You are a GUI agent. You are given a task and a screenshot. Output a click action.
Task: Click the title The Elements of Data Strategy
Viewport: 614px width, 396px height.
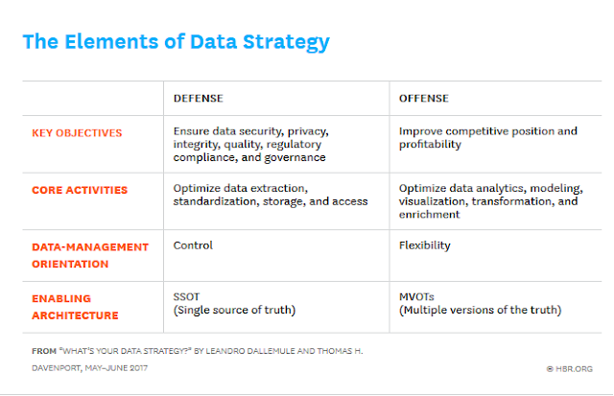coord(176,41)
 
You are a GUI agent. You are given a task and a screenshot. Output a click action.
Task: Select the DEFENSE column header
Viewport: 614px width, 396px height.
coord(199,98)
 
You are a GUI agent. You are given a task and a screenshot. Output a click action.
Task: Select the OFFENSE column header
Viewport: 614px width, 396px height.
coord(425,98)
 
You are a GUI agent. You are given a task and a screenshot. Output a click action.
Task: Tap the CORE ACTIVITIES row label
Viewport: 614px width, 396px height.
coord(81,189)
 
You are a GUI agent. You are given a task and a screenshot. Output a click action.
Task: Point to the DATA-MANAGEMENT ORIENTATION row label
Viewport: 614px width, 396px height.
coord(85,255)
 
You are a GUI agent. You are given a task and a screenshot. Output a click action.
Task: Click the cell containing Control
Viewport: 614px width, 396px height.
coord(193,245)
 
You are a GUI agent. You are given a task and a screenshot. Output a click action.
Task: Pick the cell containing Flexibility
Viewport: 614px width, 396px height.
coord(424,245)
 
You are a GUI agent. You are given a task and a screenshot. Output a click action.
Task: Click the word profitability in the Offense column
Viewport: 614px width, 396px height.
coord(430,145)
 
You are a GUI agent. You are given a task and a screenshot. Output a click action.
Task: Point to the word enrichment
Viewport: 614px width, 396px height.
coord(429,216)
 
